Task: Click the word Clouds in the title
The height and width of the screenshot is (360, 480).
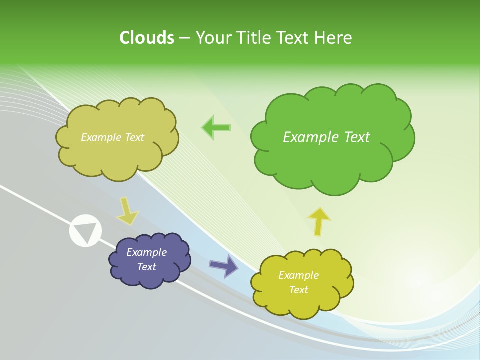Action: [x=147, y=38]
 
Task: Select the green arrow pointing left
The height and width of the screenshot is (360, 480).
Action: [x=216, y=128]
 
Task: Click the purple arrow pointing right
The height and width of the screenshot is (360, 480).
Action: [x=223, y=266]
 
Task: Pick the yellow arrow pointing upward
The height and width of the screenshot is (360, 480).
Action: [x=319, y=221]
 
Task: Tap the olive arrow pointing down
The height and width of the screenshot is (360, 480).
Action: [x=127, y=211]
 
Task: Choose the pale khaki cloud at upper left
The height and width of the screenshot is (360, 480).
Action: [x=117, y=155]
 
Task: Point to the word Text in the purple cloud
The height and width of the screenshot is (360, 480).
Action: [x=147, y=267]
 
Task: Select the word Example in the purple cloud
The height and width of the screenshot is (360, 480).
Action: [x=146, y=252]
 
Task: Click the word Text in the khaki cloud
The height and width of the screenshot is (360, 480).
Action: [x=134, y=137]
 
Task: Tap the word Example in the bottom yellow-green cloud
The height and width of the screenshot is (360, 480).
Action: [x=298, y=275]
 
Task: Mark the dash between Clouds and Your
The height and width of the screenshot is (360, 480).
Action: [x=184, y=38]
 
